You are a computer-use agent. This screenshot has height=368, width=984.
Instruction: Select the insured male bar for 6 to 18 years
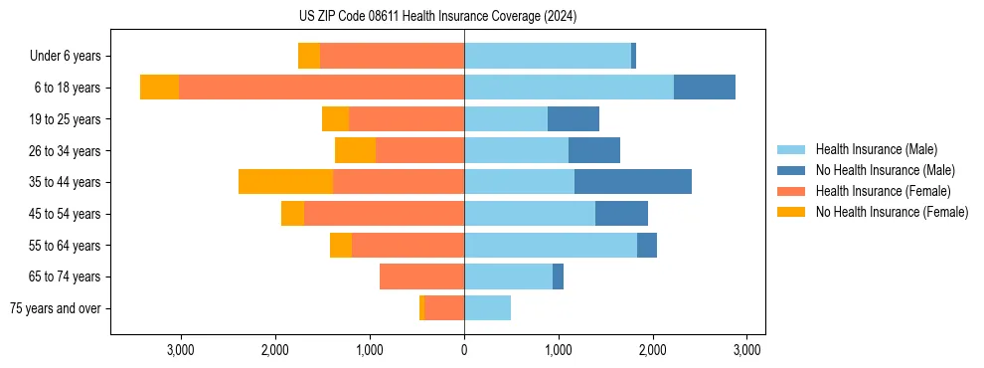click(569, 88)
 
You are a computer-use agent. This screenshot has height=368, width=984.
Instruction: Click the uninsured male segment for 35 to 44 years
click(632, 182)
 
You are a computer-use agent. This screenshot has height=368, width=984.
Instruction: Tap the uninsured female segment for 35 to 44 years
click(285, 182)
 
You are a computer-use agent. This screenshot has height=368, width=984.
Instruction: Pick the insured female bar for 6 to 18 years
click(321, 88)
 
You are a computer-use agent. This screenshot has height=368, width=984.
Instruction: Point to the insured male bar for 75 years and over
click(487, 308)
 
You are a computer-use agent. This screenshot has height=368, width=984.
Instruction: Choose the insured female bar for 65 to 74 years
click(421, 276)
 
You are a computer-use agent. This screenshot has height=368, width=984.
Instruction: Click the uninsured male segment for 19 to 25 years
click(574, 119)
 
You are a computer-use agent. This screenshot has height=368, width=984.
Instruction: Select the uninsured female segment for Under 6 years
click(309, 56)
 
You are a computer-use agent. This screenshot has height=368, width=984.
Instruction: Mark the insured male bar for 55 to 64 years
click(551, 245)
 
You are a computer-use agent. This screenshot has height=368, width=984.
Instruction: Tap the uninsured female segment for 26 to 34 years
click(355, 150)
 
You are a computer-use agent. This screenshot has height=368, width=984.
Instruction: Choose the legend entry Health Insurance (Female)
click(883, 191)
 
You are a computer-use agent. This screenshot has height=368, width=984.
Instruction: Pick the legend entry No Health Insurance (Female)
click(892, 212)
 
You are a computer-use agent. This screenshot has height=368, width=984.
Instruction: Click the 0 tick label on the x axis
click(464, 350)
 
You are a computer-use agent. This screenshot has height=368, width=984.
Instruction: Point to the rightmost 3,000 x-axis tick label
click(747, 350)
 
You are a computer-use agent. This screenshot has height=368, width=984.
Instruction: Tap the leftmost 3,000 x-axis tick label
click(180, 350)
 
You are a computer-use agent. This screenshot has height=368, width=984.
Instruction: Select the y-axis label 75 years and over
click(55, 308)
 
